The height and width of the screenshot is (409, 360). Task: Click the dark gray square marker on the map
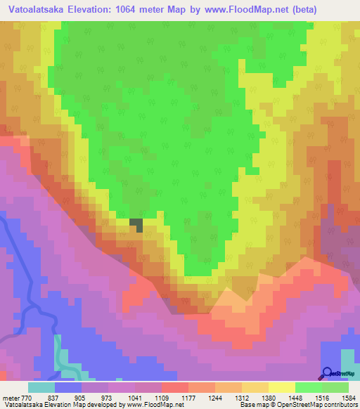click(136, 225)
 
